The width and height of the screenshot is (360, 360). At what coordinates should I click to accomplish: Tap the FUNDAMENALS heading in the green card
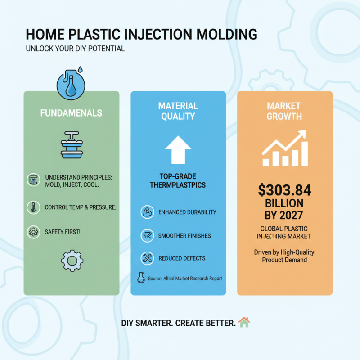[x=71, y=113]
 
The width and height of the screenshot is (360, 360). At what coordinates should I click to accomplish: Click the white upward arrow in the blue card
[x=178, y=150]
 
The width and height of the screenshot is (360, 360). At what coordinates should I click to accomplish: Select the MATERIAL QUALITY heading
[x=178, y=111]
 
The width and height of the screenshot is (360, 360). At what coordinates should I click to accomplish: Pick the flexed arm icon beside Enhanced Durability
[x=147, y=212]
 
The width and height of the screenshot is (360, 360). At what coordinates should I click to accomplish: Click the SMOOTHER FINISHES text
[x=184, y=235]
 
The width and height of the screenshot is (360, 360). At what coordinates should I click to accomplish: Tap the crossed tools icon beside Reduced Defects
[x=147, y=258]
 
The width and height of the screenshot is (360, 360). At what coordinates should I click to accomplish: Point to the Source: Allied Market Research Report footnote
[x=185, y=279]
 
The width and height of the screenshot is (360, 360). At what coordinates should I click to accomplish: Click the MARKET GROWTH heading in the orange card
[x=284, y=111]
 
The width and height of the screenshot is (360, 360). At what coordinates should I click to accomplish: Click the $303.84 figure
[x=284, y=190]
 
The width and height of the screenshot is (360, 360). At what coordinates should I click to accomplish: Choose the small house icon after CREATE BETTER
[x=244, y=322]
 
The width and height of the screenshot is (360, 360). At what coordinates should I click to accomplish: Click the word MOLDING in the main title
[x=224, y=35]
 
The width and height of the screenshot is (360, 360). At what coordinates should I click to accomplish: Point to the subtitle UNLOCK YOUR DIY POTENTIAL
[x=75, y=48]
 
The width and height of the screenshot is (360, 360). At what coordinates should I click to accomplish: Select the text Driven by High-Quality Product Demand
[x=284, y=256]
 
